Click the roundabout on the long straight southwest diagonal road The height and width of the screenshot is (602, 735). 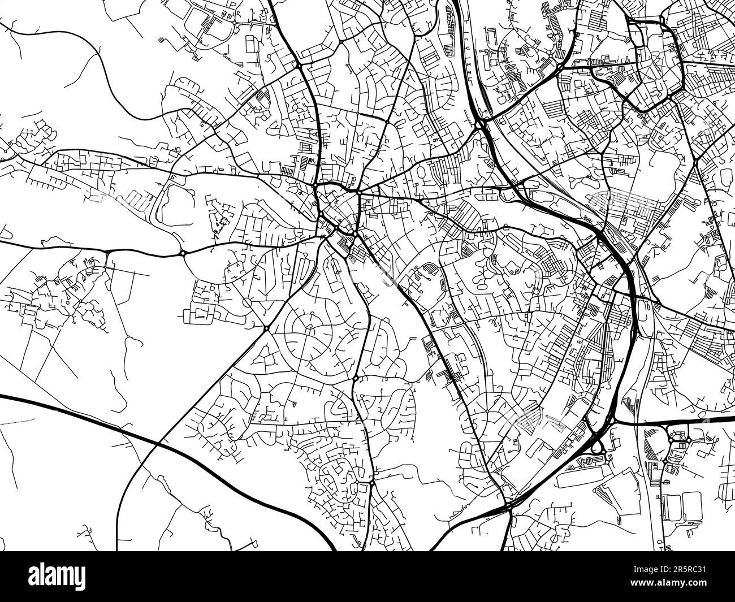click(x=266, y=328)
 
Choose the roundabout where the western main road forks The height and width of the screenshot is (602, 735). click(x=184, y=253)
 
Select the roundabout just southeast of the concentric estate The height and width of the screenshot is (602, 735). click(x=356, y=377)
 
